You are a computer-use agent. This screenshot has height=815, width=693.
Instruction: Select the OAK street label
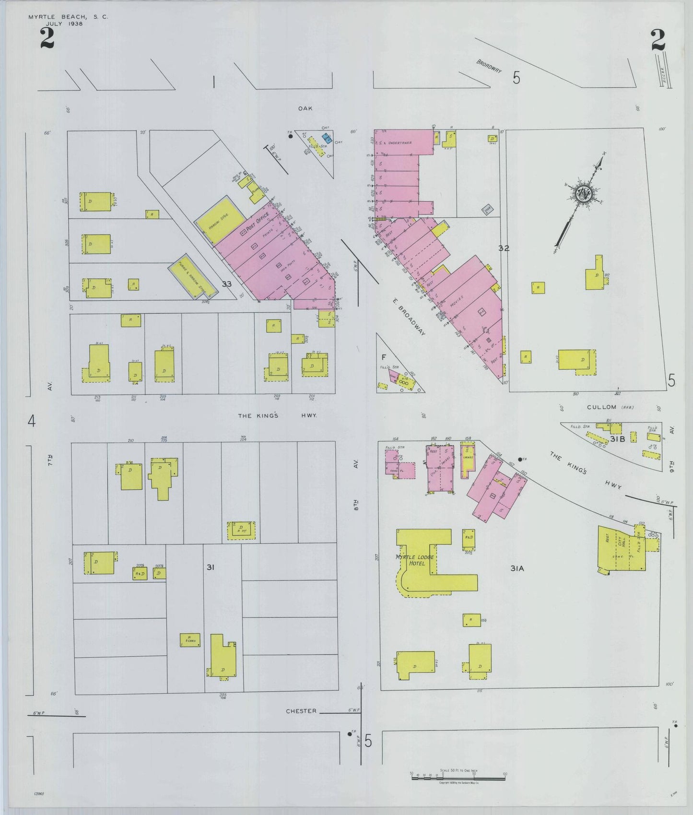(305, 108)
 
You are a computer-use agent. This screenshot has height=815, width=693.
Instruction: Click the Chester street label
(301, 711)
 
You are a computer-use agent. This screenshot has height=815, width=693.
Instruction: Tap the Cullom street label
(602, 407)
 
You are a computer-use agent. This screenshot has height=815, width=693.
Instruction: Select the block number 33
(226, 284)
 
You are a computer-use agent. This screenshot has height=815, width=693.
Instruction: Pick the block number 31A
(517, 568)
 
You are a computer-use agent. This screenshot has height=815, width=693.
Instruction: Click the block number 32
(504, 248)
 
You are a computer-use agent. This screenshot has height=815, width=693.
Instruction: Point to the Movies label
(458, 304)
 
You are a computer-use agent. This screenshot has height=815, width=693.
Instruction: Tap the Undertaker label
(400, 143)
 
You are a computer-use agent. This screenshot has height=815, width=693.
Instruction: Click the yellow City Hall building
(621, 548)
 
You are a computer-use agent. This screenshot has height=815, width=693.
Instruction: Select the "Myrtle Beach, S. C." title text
(68, 17)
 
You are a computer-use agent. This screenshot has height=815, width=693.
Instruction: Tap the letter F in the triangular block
(384, 357)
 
